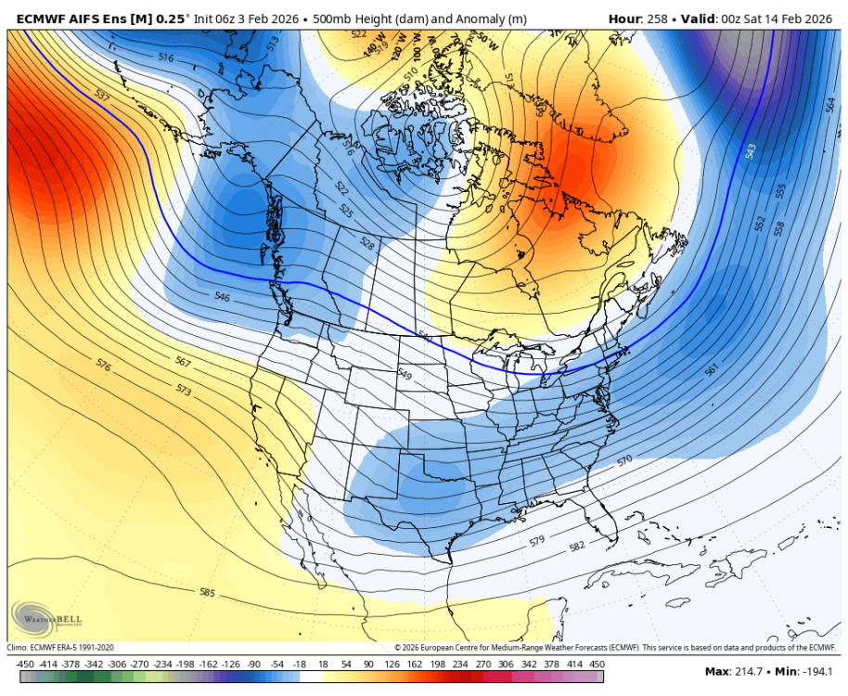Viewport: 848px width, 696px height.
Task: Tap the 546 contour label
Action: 222,297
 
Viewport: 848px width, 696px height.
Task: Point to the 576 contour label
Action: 104,367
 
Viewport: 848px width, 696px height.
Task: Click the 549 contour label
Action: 404,374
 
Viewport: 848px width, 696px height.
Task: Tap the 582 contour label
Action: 578,547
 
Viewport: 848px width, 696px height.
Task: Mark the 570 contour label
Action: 623,459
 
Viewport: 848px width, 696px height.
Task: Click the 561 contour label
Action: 712,370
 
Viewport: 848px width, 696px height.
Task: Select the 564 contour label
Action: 831,105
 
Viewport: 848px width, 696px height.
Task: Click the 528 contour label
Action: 368,244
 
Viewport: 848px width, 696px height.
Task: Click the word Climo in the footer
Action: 19,647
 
